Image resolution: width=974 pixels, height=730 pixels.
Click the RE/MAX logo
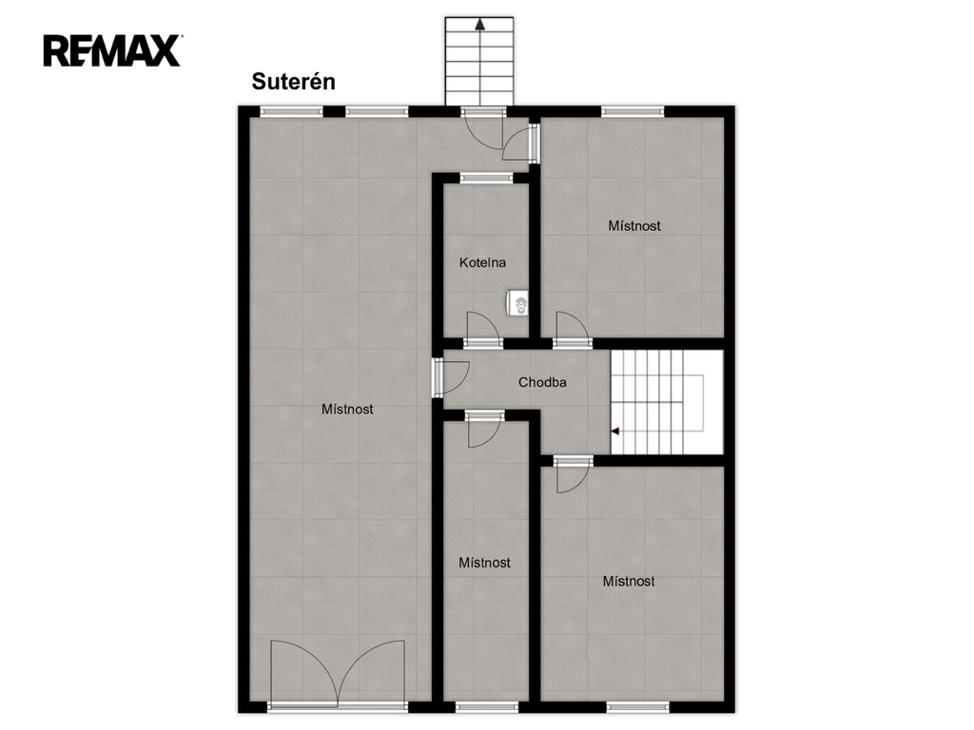point(112,51)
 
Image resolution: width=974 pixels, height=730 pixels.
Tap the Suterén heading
point(293,82)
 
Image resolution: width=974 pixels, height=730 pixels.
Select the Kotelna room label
point(482,262)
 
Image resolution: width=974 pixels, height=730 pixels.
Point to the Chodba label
point(542,382)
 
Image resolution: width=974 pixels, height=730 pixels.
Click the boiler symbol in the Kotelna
point(517,303)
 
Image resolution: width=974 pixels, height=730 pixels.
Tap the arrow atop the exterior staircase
point(479,25)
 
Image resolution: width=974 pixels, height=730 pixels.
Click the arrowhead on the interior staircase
point(615,431)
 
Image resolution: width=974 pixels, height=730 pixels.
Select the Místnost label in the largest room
point(347,409)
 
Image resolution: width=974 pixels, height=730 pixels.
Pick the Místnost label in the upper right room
point(634,226)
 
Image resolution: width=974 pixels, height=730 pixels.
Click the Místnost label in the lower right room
point(629,582)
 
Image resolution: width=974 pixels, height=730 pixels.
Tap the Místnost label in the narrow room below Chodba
point(484,563)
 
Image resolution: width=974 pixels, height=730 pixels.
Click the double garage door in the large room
point(338,674)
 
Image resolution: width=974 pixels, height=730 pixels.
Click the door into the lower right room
point(572,475)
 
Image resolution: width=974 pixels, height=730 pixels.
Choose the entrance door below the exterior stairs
point(483,129)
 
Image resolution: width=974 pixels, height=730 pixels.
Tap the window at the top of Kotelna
point(486,178)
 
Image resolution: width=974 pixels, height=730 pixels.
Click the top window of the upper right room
point(633,112)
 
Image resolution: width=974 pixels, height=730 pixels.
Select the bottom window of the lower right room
point(638,706)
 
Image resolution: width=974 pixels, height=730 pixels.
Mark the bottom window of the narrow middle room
point(486,706)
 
